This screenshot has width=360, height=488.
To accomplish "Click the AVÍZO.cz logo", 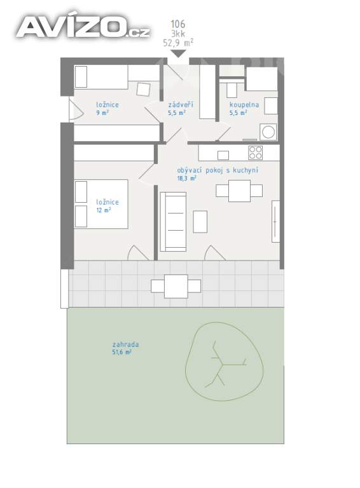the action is (83, 27).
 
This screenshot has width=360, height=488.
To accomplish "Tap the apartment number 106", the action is (178, 24).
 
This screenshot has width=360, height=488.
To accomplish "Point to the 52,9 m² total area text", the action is (178, 43).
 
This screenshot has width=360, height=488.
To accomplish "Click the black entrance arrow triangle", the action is (179, 53).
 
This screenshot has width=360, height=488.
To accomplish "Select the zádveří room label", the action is (181, 104).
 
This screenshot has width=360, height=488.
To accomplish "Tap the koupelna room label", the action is (244, 105).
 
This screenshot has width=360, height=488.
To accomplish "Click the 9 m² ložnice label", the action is (107, 108).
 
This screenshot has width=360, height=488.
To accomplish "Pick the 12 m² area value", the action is (104, 210).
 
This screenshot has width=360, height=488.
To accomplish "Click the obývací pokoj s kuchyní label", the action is (218, 170).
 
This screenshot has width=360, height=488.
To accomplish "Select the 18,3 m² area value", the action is (186, 179).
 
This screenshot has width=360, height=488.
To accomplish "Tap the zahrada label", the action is (125, 344).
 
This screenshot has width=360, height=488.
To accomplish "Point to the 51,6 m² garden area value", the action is (121, 352).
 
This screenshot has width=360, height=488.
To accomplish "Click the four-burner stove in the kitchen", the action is (255, 152).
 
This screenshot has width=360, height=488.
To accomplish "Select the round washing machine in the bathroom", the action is (268, 132).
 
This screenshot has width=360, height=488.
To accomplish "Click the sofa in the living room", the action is (173, 222).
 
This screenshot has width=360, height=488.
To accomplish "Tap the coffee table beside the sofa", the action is (200, 222).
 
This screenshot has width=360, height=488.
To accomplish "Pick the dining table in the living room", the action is (239, 191).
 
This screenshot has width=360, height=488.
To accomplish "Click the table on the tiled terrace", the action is (176, 287).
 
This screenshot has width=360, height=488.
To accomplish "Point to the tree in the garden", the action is (225, 362).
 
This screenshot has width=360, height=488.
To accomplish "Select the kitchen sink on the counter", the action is (223, 155).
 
